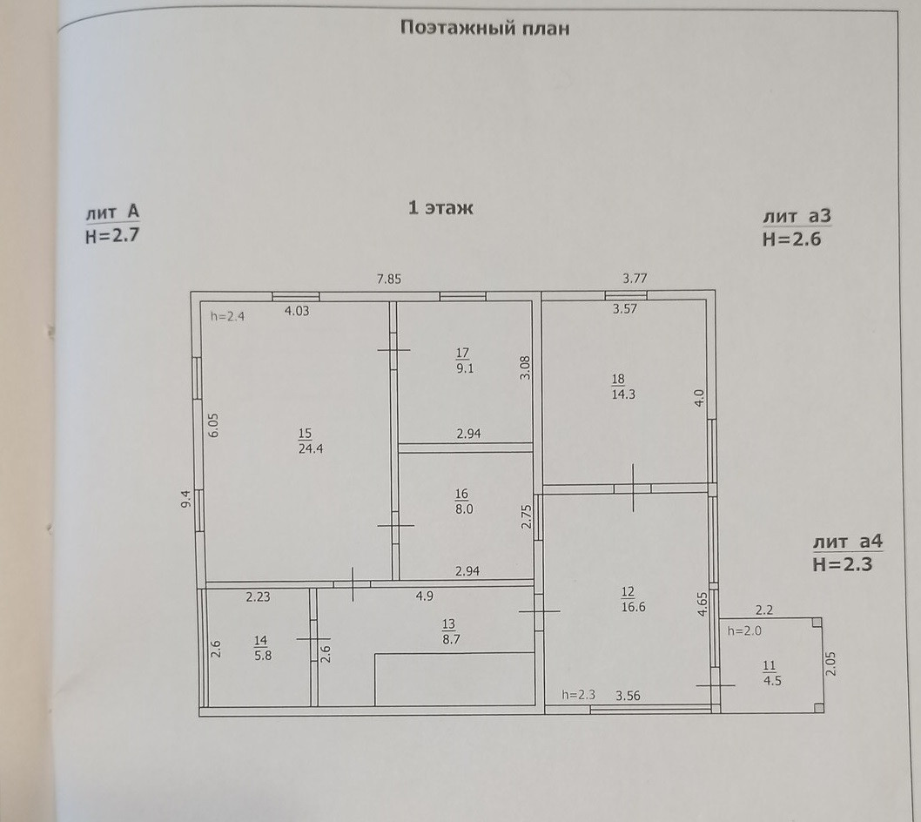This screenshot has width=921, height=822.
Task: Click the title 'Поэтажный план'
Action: (x=485, y=28)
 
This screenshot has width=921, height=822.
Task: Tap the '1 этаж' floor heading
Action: (x=440, y=208)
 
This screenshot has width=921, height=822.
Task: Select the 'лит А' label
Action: (x=112, y=212)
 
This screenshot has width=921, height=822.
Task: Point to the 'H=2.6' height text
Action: (x=791, y=239)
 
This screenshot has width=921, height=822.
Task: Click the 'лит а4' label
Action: (x=847, y=542)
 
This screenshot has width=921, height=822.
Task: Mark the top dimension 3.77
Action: (x=635, y=280)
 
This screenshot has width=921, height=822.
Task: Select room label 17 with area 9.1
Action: (x=462, y=360)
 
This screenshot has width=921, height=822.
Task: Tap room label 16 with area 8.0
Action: (x=463, y=502)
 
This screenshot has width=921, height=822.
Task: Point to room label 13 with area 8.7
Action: (x=449, y=631)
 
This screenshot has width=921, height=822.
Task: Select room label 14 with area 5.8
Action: (x=262, y=649)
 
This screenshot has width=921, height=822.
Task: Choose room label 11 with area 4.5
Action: (x=770, y=674)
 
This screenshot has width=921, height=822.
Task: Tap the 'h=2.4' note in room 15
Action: (x=227, y=317)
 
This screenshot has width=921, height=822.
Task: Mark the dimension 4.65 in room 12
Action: (x=702, y=604)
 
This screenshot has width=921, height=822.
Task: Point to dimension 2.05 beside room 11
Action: (x=830, y=665)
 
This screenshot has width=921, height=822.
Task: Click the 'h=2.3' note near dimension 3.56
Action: (x=578, y=695)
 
